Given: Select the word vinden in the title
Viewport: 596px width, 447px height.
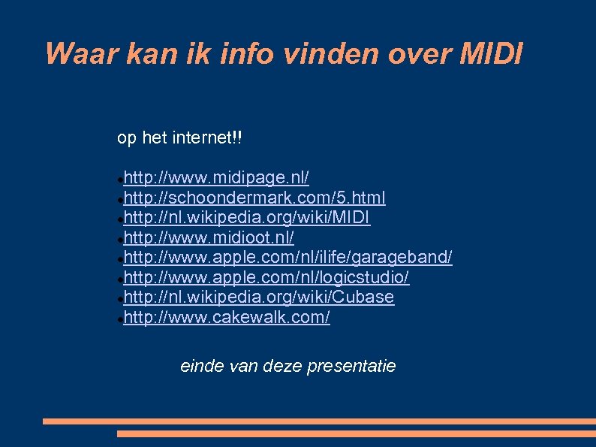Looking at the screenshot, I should coord(329,54).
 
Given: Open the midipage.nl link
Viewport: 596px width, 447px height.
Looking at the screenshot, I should coord(217,178).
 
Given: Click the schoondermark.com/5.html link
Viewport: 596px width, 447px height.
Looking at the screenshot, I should coord(255,198).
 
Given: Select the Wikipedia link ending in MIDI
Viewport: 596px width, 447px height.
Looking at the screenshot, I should coord(247,218).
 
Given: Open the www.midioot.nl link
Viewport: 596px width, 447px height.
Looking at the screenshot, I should coord(209,237).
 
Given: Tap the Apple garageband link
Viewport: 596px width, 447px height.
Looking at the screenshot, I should coord(288,258).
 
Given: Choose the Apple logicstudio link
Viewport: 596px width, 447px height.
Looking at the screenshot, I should coord(266,277).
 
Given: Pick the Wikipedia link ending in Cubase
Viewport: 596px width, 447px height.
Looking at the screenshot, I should coord(259,297).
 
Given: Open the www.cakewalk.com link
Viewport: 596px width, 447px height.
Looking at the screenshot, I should coord(227,317).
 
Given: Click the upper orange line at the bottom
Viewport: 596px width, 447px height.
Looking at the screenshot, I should coord(319,421).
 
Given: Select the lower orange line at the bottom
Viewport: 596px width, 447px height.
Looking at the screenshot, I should coord(357,433).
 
